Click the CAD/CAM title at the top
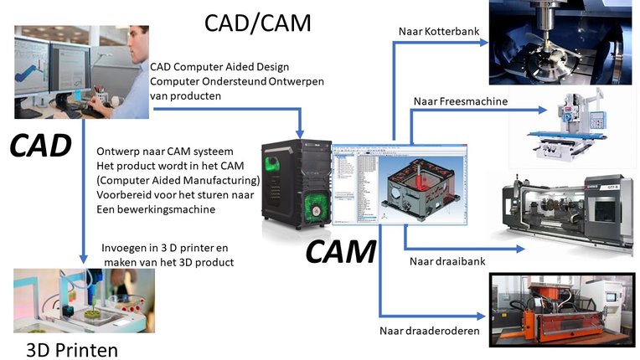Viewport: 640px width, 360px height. pyautogui.click(x=257, y=23)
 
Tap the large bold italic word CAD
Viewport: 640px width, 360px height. pyautogui.click(x=40, y=146)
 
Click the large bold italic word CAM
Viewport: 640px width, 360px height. pyautogui.click(x=341, y=251)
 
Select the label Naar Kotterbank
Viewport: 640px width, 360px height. pyautogui.click(x=439, y=31)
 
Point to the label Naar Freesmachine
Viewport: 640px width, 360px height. pyautogui.click(x=461, y=101)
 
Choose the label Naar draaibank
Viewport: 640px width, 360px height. pyautogui.click(x=447, y=261)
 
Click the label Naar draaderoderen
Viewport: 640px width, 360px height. pyautogui.click(x=430, y=331)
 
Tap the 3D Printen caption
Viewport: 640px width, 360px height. pyautogui.click(x=72, y=350)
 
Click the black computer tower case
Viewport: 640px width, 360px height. pyautogui.click(x=297, y=184)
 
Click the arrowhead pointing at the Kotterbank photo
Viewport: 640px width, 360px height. pyautogui.click(x=484, y=42)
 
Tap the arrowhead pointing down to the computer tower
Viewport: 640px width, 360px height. pyautogui.click(x=300, y=134)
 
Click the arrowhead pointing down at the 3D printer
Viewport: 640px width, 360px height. pyautogui.click(x=83, y=259)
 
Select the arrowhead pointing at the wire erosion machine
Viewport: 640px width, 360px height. pyautogui.click(x=481, y=316)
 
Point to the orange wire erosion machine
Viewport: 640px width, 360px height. pyautogui.click(x=562, y=311)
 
